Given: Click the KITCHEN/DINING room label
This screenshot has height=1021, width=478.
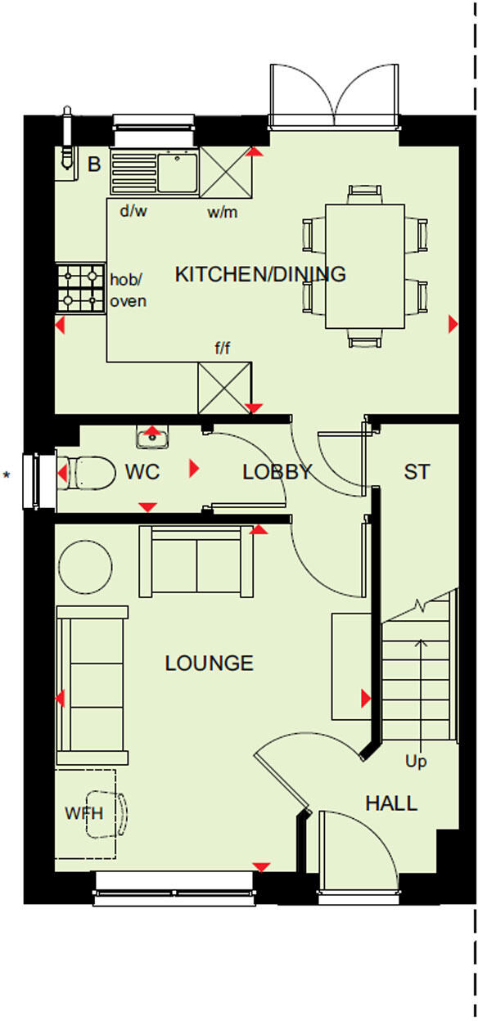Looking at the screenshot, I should point(260,274).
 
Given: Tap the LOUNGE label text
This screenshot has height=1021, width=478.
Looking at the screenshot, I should point(210,663).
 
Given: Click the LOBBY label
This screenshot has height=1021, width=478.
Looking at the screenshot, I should point(277,472).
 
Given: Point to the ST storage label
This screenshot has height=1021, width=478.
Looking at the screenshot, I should point(417,472).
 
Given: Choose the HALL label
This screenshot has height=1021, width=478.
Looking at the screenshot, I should point(391,803).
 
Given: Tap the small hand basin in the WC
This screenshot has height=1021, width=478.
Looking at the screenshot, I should point(152,439).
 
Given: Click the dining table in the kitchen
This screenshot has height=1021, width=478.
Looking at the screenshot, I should point(366,266).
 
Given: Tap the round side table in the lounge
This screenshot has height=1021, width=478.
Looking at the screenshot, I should point(85,565).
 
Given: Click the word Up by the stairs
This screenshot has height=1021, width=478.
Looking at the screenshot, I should point(416,762).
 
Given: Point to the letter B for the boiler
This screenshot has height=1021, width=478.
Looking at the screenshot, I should point(94,164).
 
